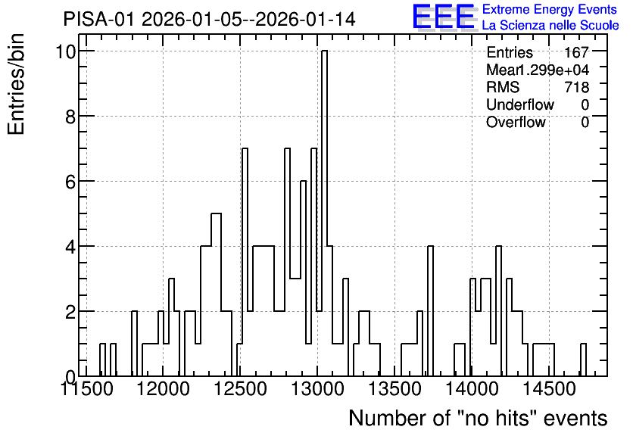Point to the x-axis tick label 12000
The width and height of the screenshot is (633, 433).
click(x=163, y=389)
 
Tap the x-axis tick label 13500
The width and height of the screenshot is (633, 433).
click(x=394, y=389)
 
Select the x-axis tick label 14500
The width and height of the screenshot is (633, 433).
click(x=549, y=389)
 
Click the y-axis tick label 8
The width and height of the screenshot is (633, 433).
click(x=70, y=117)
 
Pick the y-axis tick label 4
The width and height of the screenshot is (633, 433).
click(x=70, y=246)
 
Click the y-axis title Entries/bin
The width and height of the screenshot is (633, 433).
click(x=17, y=85)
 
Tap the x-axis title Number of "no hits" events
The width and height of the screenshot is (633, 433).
click(x=478, y=418)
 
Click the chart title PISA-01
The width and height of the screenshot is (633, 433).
click(x=98, y=19)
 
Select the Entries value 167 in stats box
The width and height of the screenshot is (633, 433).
click(x=576, y=52)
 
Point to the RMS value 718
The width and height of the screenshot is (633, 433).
click(x=577, y=87)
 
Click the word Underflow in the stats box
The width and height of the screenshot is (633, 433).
click(x=520, y=104)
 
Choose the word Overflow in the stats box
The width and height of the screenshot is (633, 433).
click(x=516, y=122)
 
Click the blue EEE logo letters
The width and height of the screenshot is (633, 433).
click(x=444, y=17)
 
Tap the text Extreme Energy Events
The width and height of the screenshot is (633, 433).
click(x=550, y=9)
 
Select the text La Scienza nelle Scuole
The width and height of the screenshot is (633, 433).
click(x=550, y=26)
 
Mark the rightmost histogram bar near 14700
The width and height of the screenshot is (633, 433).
click(x=583, y=360)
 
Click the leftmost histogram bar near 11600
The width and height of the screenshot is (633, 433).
click(x=102, y=360)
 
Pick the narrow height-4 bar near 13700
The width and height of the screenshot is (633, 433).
click(x=430, y=311)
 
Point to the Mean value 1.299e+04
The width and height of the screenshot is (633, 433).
click(x=552, y=70)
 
